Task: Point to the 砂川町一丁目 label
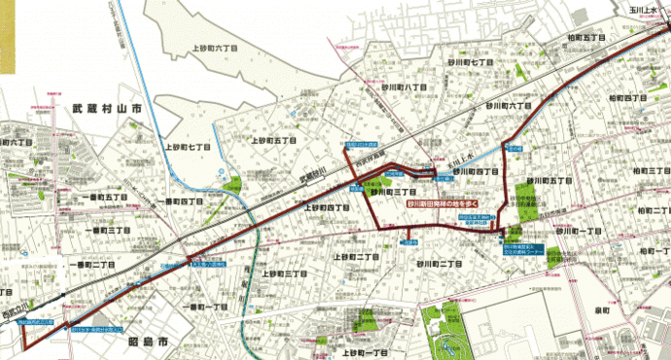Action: point(581,233)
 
